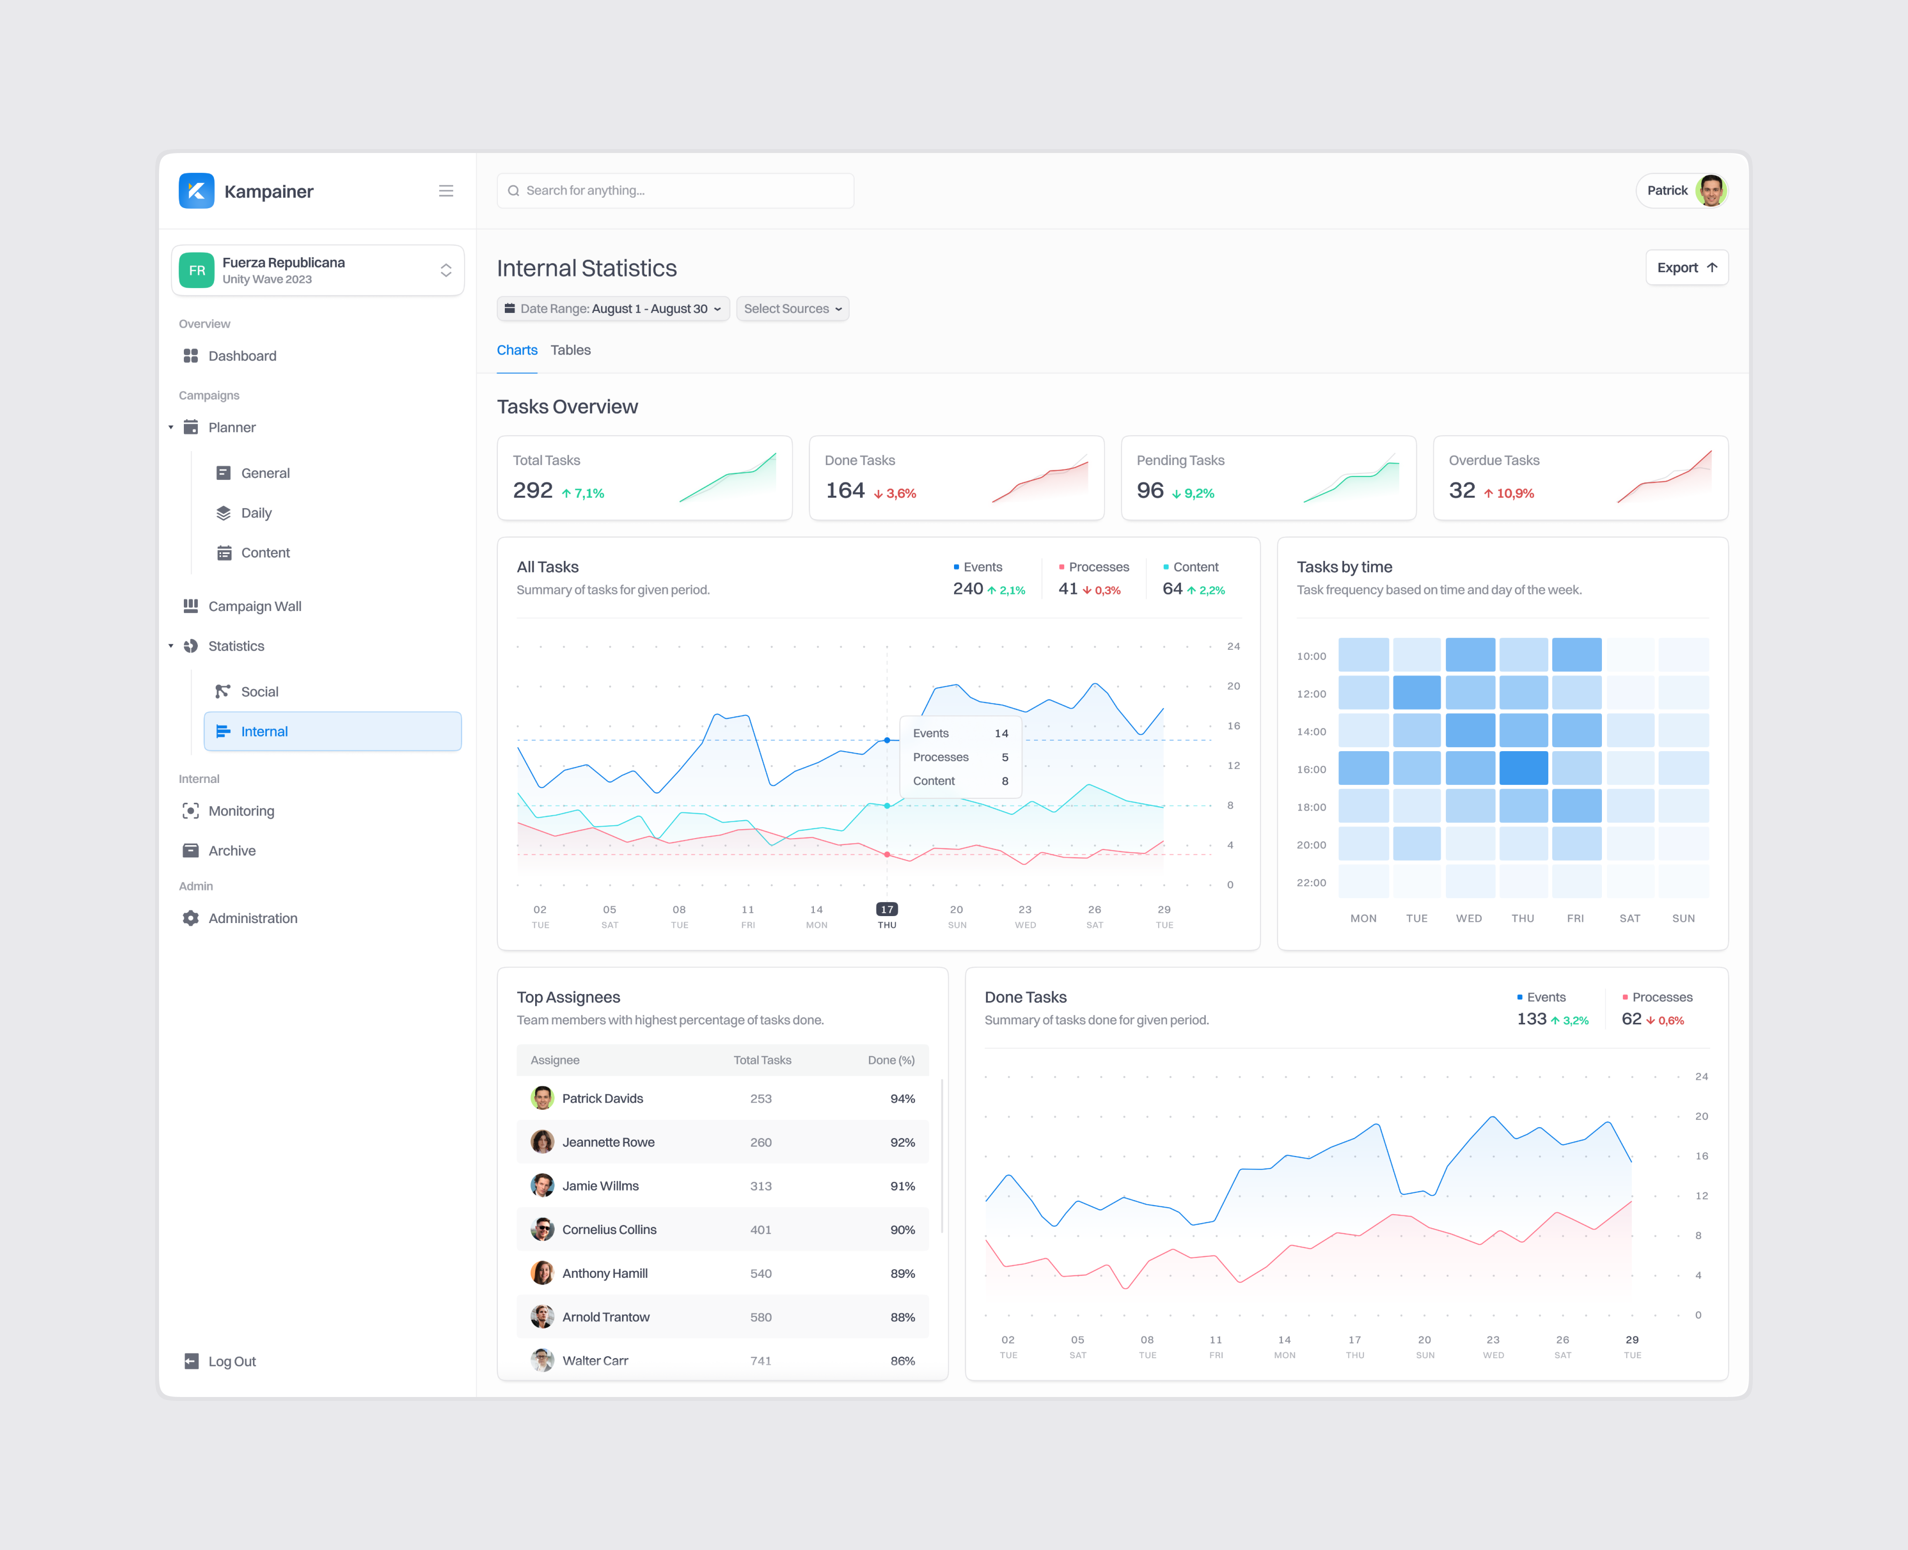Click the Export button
[1686, 268]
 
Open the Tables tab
[570, 350]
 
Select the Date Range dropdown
[613, 309]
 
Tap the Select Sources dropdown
[792, 309]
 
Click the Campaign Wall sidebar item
[254, 606]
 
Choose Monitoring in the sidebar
[241, 811]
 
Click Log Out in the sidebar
[231, 1362]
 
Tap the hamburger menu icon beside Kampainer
[446, 191]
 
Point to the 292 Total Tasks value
[533, 491]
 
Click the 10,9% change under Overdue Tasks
[1514, 494]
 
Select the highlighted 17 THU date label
[886, 915]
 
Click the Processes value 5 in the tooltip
[1005, 757]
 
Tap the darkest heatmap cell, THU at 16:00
[1523, 769]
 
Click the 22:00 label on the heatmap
[1311, 883]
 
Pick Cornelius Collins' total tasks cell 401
[761, 1230]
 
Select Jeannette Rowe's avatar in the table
[542, 1142]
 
